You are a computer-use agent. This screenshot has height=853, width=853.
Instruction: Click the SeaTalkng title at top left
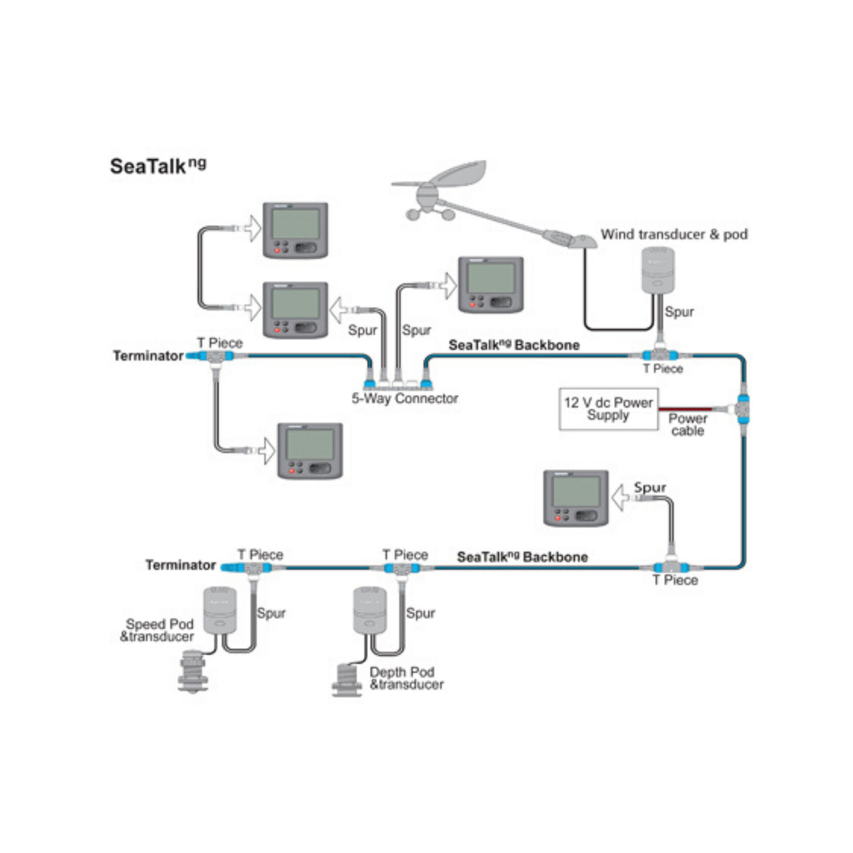coord(158,166)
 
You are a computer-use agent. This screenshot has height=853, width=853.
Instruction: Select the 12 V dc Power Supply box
coord(608,409)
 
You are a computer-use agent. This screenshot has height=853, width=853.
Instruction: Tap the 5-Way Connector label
coord(405,398)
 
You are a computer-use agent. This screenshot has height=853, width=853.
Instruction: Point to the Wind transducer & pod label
coord(674,235)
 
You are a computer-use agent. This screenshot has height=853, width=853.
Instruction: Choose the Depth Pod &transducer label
coord(406,678)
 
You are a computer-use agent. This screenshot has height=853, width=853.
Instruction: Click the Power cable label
coord(688,425)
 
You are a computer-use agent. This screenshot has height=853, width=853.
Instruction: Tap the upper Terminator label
coord(148,356)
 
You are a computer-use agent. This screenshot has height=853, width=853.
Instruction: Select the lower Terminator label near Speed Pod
coord(180,565)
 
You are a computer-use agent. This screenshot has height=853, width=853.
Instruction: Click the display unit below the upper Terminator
coord(310,451)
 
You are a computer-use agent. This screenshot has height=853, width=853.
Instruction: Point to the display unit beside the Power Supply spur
coord(576,498)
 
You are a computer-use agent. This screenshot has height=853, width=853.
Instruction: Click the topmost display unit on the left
coord(296,230)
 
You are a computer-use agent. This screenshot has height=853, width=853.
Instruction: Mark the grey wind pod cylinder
coord(658,269)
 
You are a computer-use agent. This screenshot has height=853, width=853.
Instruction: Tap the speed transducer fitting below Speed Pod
coord(193,671)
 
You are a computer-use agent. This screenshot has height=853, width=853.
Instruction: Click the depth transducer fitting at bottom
coord(347,681)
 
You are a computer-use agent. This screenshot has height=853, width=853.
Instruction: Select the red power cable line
coord(685,409)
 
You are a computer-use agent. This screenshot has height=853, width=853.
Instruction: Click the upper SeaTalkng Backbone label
coord(514,345)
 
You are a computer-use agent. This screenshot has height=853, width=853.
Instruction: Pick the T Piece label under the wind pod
coord(663,369)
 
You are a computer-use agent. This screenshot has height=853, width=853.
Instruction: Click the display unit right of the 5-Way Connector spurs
coord(490,285)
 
